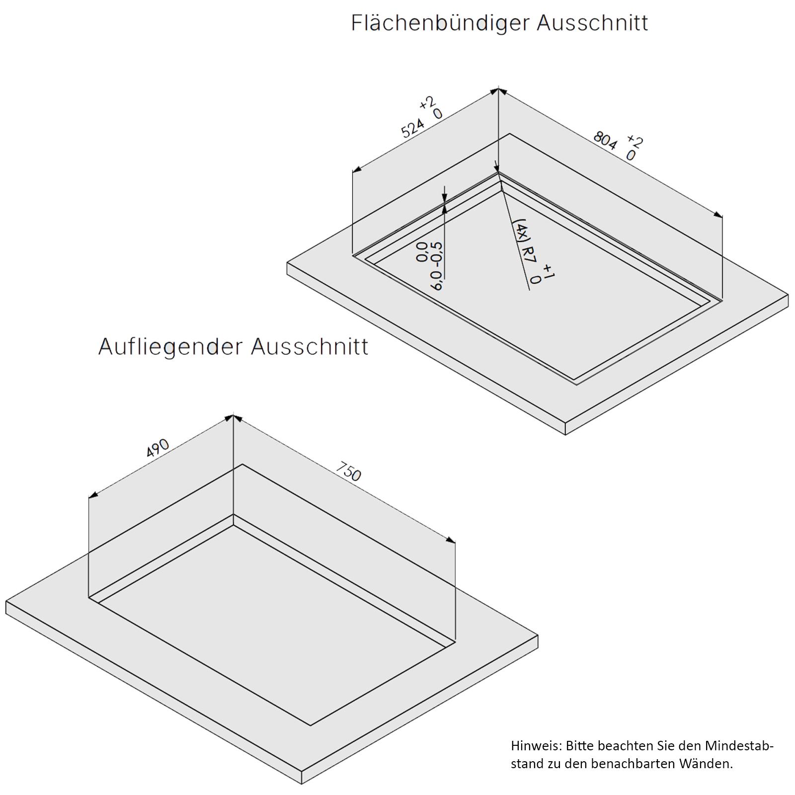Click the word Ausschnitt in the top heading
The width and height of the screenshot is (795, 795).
592,23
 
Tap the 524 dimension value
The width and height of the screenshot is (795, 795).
413,129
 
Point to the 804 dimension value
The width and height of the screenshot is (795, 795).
605,140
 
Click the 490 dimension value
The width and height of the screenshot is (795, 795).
158,449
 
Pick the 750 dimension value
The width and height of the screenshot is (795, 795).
349,472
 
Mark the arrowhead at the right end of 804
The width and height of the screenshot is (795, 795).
718,215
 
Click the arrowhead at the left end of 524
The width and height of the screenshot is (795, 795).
356,170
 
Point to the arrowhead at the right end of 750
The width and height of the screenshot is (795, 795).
450,540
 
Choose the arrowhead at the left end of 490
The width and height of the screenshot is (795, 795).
93,495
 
